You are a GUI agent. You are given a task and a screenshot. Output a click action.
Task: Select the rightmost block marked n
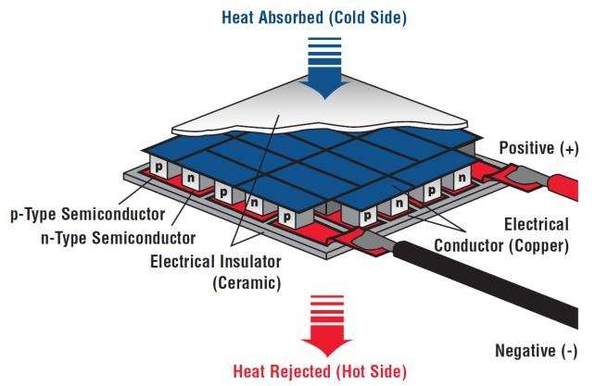coord(459,177)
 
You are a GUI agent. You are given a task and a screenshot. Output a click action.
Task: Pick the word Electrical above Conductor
coord(538,224)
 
